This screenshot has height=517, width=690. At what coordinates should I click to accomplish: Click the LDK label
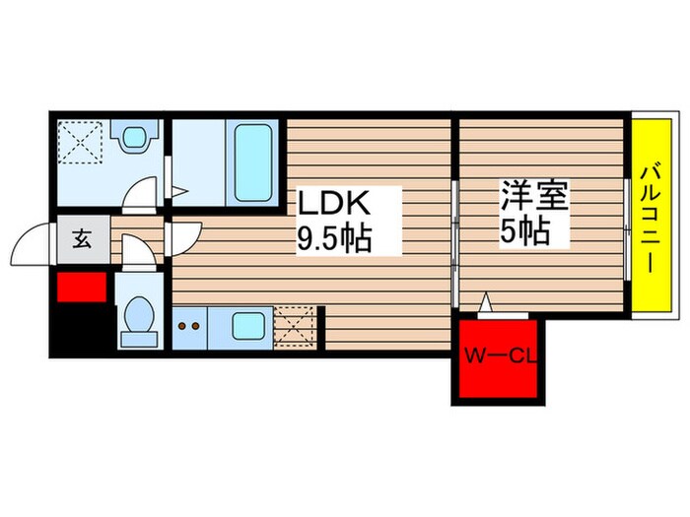pyautogui.click(x=334, y=205)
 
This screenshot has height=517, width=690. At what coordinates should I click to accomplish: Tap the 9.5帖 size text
pyautogui.click(x=334, y=237)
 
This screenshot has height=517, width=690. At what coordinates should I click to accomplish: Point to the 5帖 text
pyautogui.click(x=524, y=233)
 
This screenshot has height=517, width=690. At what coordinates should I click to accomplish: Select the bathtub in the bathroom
pyautogui.click(x=253, y=161)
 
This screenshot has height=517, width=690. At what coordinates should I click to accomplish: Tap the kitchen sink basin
pyautogui.click(x=238, y=323)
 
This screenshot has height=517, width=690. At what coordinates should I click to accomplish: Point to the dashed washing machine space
pyautogui.click(x=80, y=143)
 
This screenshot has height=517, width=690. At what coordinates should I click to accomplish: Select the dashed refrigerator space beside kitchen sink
pyautogui.click(x=294, y=324)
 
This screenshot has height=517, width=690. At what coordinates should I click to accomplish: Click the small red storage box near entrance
pyautogui.click(x=80, y=288)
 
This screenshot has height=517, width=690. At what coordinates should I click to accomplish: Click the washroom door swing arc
pyautogui.click(x=144, y=191)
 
